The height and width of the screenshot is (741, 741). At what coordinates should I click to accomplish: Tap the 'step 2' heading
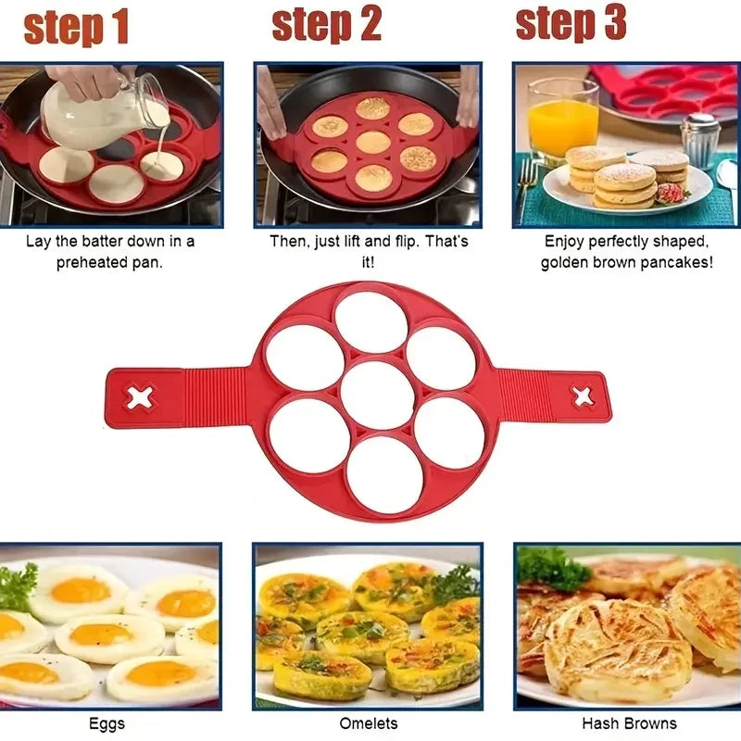(x=326, y=25)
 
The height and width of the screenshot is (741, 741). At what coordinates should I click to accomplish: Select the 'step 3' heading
(x=571, y=23)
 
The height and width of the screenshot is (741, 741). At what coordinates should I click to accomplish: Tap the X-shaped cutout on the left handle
(x=140, y=398)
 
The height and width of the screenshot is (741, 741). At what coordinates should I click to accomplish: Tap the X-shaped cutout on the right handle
(x=583, y=396)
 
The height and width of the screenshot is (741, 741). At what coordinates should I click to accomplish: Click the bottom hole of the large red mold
(x=385, y=473)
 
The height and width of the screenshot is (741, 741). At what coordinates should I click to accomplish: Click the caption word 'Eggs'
(x=106, y=723)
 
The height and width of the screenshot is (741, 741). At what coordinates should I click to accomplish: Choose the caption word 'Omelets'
(x=368, y=723)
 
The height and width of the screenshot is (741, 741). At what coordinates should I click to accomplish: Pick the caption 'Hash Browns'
(x=629, y=723)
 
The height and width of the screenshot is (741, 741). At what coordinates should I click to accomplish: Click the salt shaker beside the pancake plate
(x=699, y=139)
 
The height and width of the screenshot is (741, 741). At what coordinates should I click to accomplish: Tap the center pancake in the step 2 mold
(x=372, y=142)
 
